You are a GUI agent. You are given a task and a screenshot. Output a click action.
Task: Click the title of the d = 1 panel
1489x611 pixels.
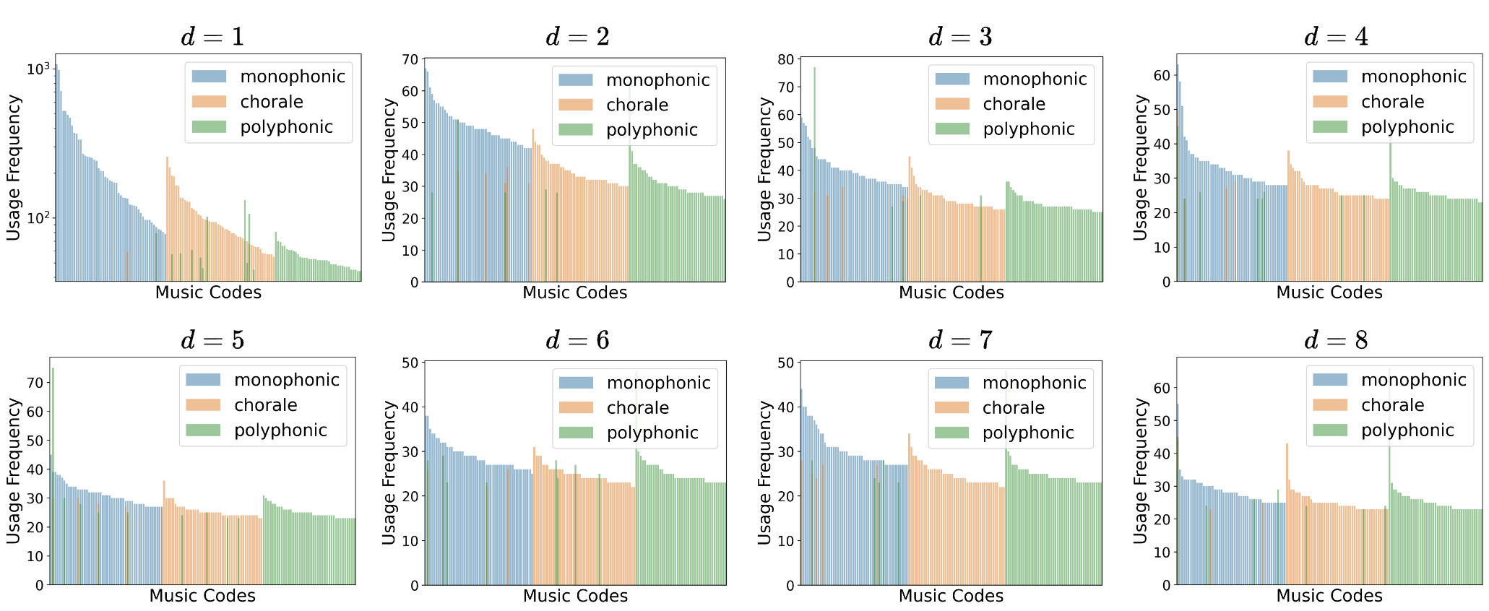pyautogui.click(x=212, y=37)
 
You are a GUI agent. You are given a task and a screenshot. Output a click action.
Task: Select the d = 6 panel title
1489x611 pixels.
pyautogui.click(x=577, y=340)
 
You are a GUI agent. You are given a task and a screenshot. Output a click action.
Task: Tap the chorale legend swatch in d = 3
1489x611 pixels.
pyautogui.click(x=952, y=104)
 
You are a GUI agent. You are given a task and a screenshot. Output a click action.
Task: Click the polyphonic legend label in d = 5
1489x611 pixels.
pyautogui.click(x=280, y=430)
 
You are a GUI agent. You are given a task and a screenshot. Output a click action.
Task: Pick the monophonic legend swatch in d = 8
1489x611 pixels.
pyautogui.click(x=1330, y=380)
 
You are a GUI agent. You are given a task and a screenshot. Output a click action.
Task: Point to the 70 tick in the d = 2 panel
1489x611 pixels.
pyautogui.click(x=410, y=59)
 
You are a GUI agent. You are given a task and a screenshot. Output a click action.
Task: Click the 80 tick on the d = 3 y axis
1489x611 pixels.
pyautogui.click(x=785, y=59)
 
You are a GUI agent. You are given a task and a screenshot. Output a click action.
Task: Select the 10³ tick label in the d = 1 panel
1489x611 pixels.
pyautogui.click(x=38, y=69)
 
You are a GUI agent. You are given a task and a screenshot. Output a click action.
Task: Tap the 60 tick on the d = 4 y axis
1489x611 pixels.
pyautogui.click(x=1161, y=76)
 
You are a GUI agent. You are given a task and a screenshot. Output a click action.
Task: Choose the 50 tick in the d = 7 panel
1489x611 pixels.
pyautogui.click(x=785, y=363)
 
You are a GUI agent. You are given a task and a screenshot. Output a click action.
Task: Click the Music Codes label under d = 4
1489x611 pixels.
pyautogui.click(x=1329, y=292)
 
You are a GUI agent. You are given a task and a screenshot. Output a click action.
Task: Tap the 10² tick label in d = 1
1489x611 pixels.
pyautogui.click(x=38, y=217)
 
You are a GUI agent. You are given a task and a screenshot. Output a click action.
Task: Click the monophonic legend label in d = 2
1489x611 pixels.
pyautogui.click(x=657, y=80)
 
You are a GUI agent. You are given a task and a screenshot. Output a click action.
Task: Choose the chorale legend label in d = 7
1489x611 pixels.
pyautogui.click(x=1013, y=408)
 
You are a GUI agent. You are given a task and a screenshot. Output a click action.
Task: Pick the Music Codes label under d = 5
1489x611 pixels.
pyautogui.click(x=202, y=596)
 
